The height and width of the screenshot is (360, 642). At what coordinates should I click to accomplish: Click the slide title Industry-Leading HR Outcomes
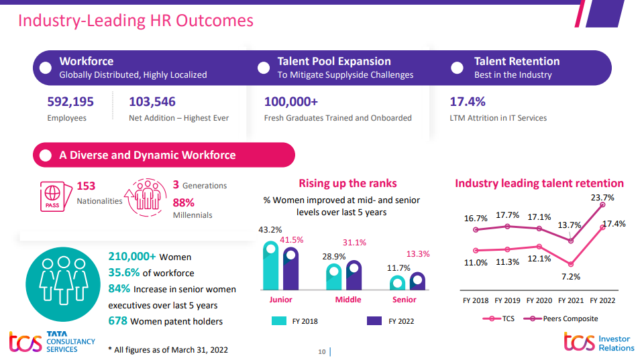136,20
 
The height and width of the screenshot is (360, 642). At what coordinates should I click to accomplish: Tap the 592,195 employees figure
70,102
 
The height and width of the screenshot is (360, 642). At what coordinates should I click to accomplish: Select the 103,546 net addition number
152,102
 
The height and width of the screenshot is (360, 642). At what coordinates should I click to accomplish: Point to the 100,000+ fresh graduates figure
291,102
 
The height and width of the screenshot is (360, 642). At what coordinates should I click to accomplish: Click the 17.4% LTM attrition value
467,102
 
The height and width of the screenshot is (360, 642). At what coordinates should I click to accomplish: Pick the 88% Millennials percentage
183,202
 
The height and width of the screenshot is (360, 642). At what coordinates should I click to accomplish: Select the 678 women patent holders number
118,321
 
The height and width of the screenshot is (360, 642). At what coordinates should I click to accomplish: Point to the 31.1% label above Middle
354,243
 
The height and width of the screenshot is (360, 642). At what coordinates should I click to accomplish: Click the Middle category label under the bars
347,300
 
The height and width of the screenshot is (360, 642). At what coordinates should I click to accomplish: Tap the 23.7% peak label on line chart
602,198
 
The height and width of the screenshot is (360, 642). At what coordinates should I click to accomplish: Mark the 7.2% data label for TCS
571,276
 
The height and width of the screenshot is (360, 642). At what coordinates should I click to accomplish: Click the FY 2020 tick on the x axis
539,300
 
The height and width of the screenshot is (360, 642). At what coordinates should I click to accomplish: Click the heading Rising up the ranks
347,183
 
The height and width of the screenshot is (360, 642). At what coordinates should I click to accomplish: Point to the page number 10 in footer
321,351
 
